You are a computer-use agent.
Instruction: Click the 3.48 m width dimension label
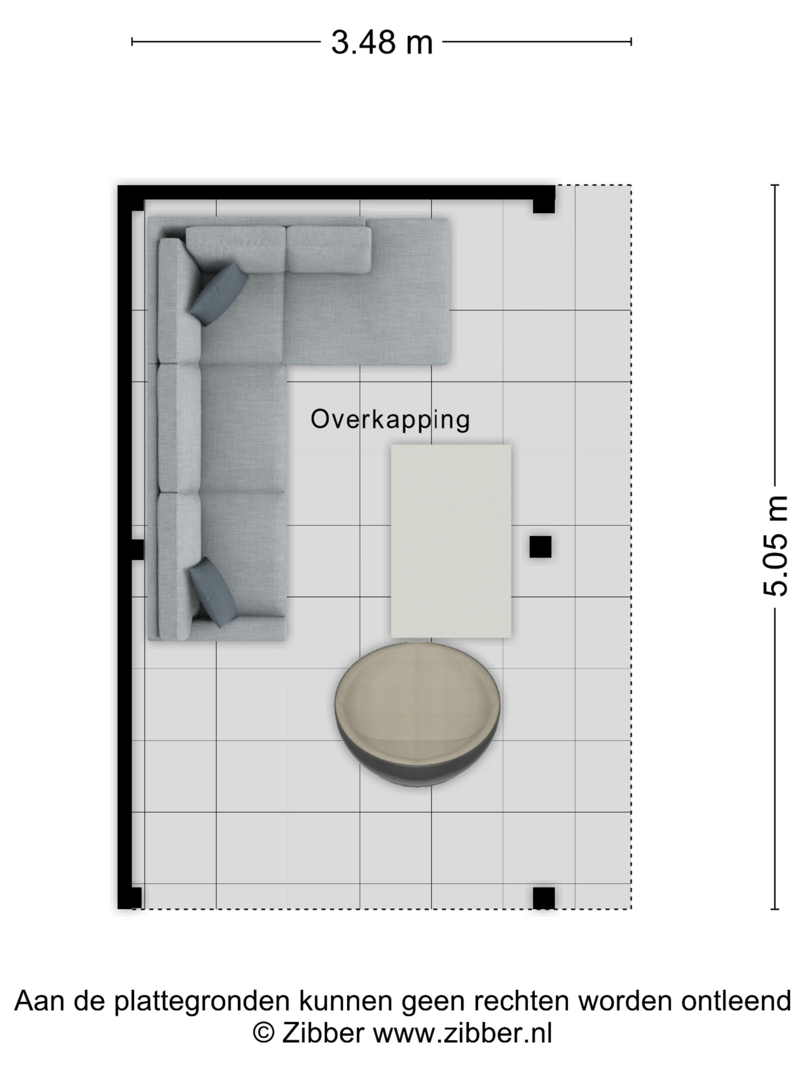[x=381, y=42]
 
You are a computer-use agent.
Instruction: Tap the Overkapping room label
[x=390, y=420]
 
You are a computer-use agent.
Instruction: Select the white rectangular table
[x=451, y=541]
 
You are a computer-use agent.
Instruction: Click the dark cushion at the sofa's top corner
[x=219, y=295]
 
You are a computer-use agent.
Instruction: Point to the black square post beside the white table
[x=540, y=547]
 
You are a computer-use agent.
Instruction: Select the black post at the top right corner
[x=544, y=203]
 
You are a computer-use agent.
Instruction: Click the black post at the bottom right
[x=544, y=898]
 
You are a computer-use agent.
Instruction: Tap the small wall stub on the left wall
[x=137, y=549]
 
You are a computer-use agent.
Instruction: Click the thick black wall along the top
[x=336, y=193]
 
